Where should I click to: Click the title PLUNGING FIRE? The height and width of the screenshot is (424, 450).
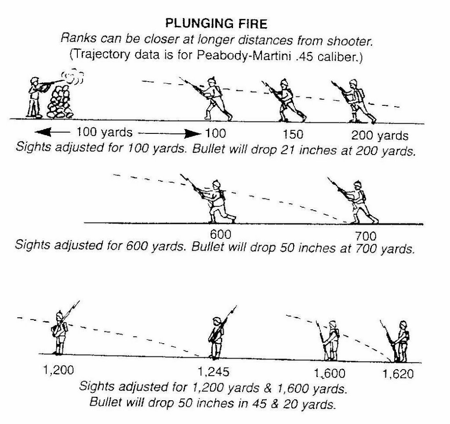(215, 22)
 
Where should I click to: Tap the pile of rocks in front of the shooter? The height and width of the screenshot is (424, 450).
(60, 102)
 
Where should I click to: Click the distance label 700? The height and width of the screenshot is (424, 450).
(363, 237)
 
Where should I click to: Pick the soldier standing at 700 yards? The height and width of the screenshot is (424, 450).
(357, 201)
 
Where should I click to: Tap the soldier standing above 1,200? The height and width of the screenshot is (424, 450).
(59, 331)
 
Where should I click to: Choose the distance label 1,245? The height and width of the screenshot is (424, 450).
(213, 372)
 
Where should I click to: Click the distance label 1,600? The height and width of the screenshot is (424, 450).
(330, 374)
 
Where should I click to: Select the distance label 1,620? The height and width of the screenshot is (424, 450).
(398, 374)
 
